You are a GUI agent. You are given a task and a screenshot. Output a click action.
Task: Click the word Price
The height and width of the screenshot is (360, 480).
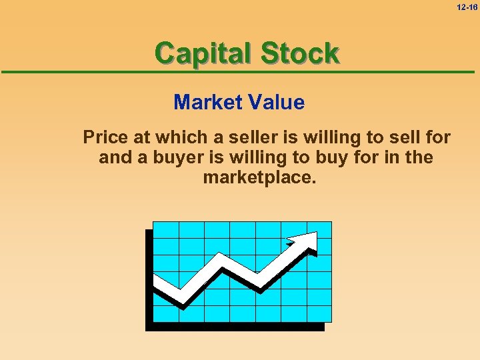[x=105, y=137]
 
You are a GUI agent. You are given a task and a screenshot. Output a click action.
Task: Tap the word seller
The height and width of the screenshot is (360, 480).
[x=249, y=137]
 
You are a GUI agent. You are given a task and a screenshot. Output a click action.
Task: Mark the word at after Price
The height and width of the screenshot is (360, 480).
[x=141, y=137]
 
